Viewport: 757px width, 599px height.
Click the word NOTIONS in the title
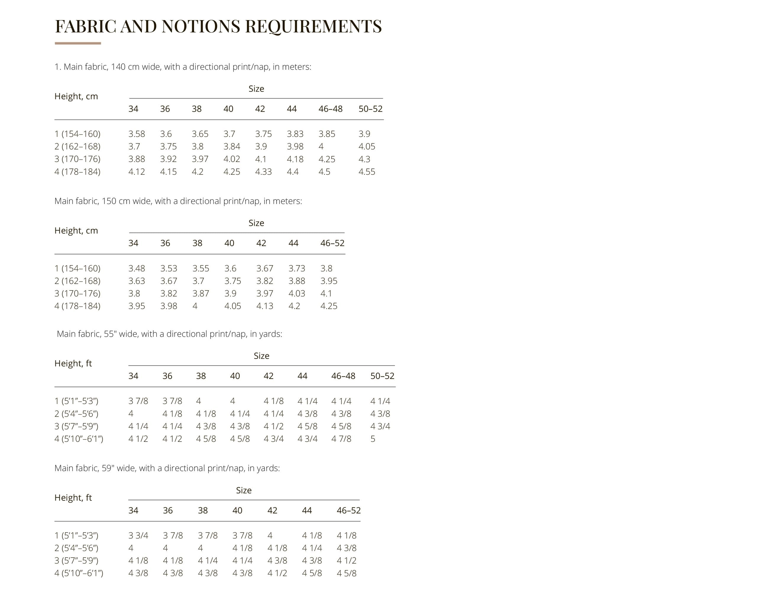point(201,26)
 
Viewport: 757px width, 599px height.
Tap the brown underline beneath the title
point(77,43)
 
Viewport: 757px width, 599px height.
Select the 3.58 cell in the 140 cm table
point(137,134)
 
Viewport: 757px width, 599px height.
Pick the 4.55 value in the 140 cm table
point(366,172)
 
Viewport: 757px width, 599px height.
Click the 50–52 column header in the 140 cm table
point(370,109)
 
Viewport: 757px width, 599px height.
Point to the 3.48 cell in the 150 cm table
point(137,269)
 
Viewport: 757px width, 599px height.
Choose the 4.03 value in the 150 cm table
point(297,293)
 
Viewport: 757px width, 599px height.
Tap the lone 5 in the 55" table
point(373,439)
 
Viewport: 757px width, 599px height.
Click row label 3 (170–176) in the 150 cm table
point(77,293)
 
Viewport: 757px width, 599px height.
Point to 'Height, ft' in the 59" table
point(73,498)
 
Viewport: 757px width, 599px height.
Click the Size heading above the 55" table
point(261,356)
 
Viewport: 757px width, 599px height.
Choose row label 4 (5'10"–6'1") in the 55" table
point(79,439)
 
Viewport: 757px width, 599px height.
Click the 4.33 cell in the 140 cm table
point(263,172)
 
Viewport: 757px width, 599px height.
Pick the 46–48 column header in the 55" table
point(343,376)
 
